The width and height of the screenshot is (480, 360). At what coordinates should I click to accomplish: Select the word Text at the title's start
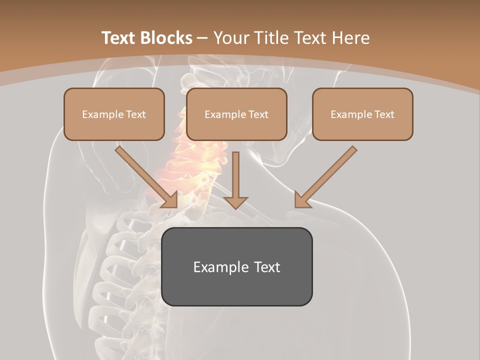tap(118, 38)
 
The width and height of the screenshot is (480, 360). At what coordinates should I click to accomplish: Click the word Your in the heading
tap(230, 38)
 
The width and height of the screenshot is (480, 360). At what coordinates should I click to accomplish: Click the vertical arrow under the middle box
tap(235, 175)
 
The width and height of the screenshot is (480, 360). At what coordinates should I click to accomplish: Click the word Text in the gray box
tap(267, 267)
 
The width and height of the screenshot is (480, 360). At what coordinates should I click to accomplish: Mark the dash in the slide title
tap(202, 38)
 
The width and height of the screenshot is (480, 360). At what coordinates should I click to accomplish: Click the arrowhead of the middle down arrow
tap(235, 202)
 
